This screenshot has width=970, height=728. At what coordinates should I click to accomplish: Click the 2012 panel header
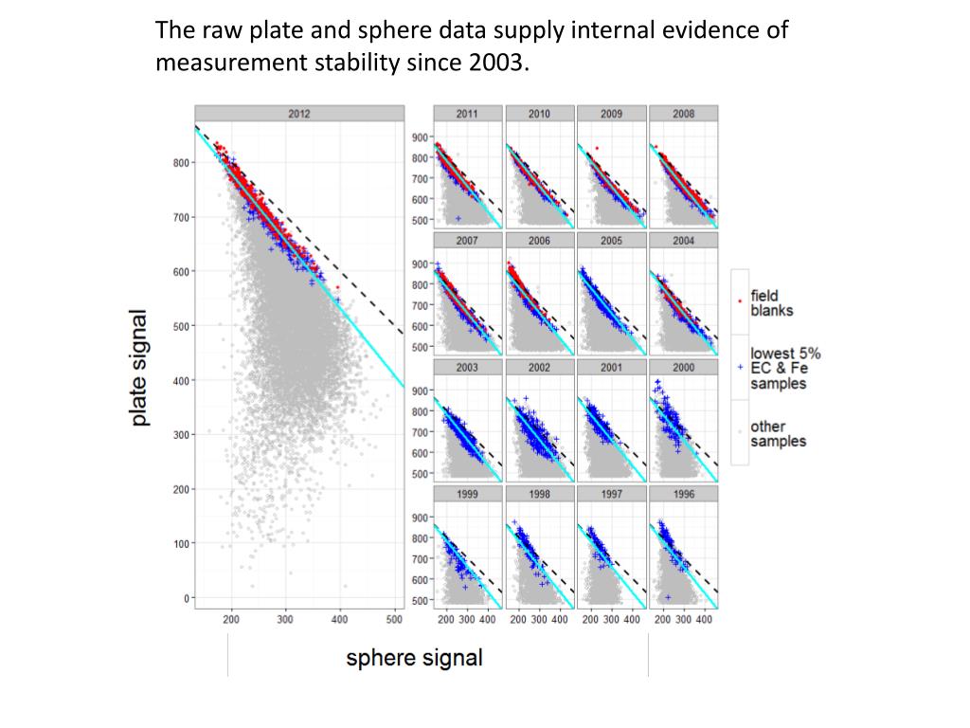[x=298, y=114]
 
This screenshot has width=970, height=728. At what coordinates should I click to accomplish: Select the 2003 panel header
[x=467, y=368]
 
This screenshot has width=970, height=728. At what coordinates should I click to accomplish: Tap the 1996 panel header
[x=683, y=495]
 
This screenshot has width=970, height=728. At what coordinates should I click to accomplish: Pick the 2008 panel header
[x=683, y=114]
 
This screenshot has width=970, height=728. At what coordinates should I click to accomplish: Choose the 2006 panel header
[x=539, y=241]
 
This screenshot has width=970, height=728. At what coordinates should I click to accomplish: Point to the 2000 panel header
[x=683, y=368]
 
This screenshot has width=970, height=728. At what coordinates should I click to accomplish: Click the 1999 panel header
[x=467, y=495]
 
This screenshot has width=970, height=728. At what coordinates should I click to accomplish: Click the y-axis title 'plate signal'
[x=139, y=368]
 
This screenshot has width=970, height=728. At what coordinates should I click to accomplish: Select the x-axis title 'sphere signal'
[x=414, y=658]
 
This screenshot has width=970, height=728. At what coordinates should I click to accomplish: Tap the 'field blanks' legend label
[x=771, y=303]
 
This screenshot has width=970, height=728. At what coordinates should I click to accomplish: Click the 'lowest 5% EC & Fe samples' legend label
[x=785, y=369]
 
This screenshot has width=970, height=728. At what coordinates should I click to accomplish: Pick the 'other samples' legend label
[x=778, y=434]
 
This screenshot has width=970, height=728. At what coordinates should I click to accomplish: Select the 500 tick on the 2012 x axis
[x=395, y=620]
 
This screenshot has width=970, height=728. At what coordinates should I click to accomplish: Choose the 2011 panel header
[x=467, y=114]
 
